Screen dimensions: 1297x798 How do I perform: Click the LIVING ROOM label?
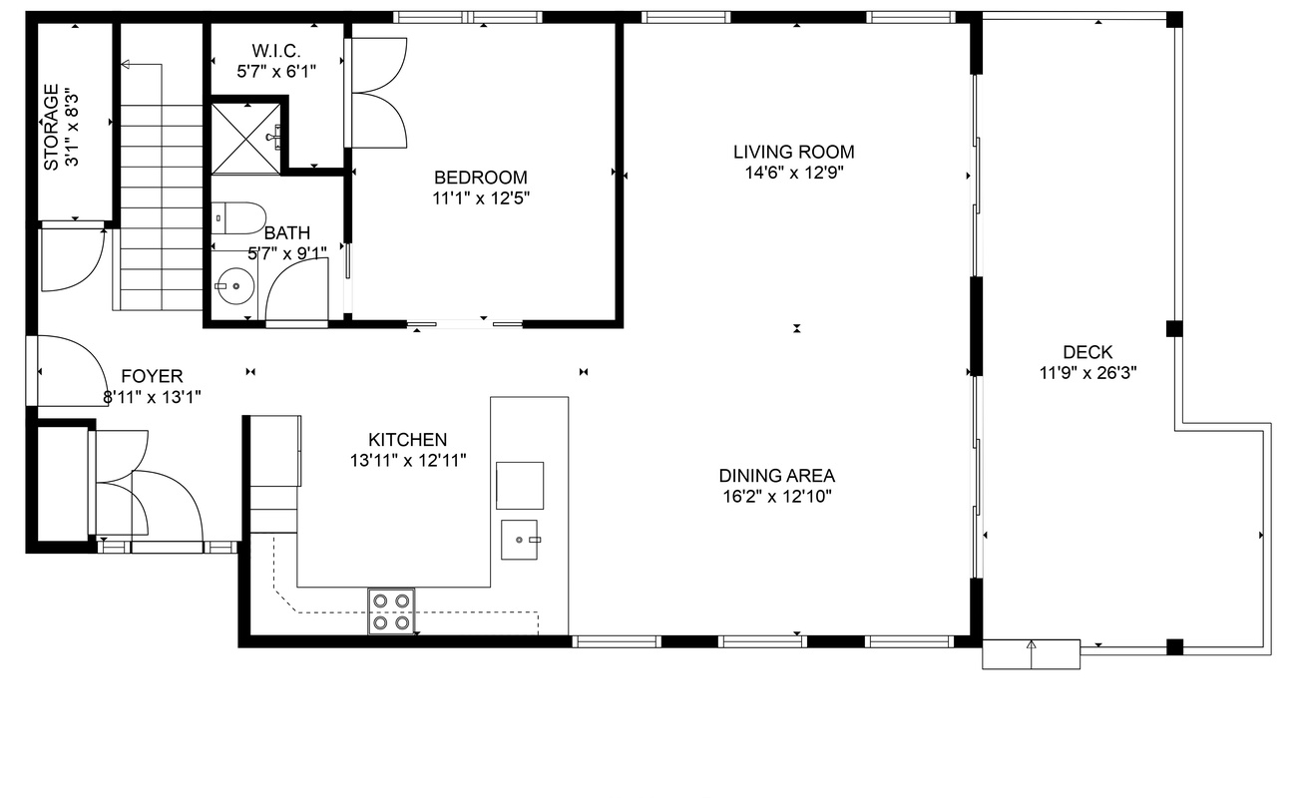point(794,152)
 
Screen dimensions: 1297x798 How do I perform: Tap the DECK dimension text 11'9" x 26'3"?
point(1087,373)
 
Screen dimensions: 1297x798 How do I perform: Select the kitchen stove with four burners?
point(391,611)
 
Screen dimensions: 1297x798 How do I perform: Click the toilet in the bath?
point(238,217)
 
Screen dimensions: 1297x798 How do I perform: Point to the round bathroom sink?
point(235,286)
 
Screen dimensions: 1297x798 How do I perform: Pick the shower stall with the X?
point(246,139)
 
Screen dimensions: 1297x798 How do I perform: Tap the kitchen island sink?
point(520,540)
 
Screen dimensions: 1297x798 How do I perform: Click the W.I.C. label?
point(276,51)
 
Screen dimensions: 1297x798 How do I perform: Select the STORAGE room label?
point(51,128)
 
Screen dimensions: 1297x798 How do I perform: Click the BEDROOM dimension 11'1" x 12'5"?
point(481,199)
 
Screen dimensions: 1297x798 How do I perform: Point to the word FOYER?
point(152,376)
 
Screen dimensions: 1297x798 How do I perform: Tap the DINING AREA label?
point(776,476)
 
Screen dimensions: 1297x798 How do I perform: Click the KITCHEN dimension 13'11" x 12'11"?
point(408,461)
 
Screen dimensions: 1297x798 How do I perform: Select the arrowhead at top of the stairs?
point(125,64)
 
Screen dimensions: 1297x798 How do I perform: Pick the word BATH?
point(287,232)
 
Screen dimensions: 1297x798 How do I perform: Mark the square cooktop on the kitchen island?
point(520,486)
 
